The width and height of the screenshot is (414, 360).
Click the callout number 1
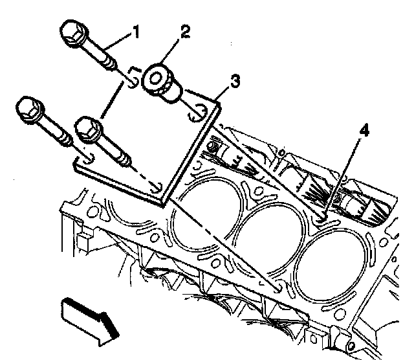pos(135,32)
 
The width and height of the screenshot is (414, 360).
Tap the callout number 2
pos(185,31)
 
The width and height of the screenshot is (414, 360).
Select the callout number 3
pos(235,81)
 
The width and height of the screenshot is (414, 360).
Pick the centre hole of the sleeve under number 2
pos(155,78)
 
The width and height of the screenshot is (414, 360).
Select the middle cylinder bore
pos(270,238)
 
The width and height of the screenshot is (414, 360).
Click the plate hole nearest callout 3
pos(197,114)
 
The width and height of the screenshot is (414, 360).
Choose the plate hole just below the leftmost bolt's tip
pos(88,159)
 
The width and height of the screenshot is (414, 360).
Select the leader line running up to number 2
pos(170,51)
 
